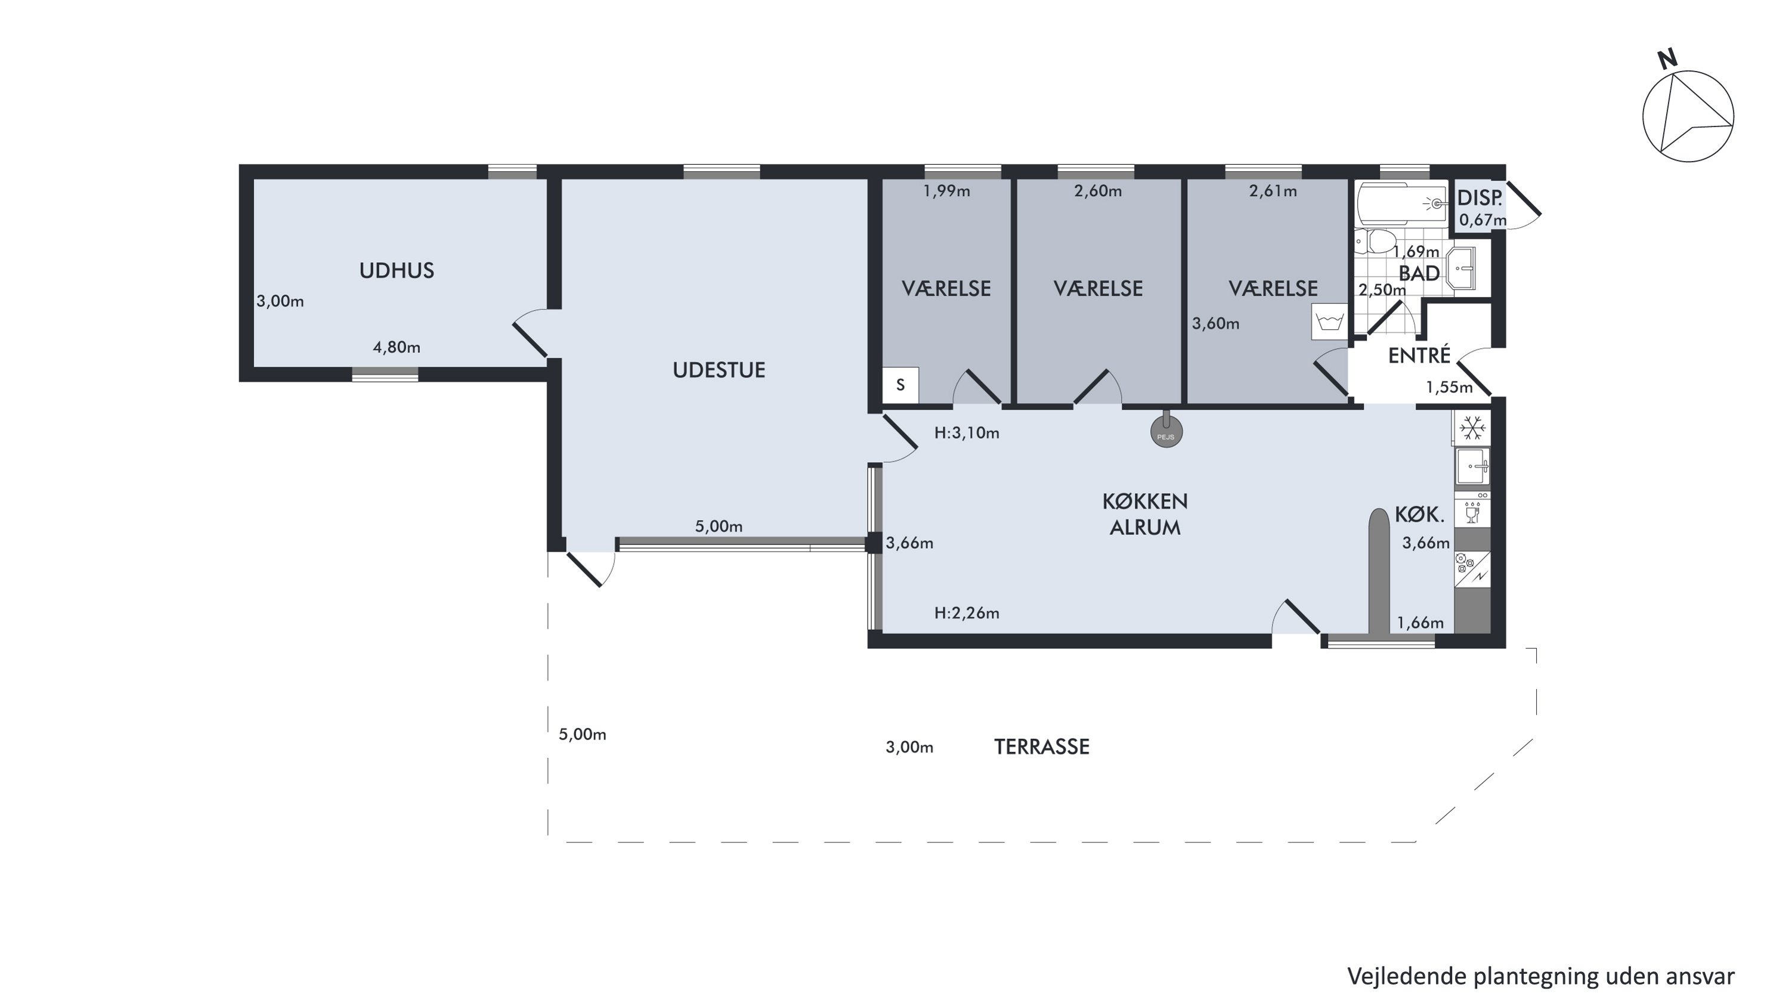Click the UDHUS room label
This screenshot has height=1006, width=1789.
click(x=397, y=270)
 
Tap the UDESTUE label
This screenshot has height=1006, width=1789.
click(x=719, y=369)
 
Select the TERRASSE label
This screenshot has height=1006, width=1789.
click(x=1042, y=747)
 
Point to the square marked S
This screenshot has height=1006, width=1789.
click(x=900, y=385)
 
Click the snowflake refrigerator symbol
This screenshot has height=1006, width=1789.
click(x=1472, y=428)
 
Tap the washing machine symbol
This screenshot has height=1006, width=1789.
click(x=1329, y=321)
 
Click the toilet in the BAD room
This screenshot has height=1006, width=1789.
click(x=1376, y=241)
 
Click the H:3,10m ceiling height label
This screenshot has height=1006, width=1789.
click(x=967, y=433)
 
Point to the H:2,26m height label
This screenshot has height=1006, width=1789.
click(x=967, y=613)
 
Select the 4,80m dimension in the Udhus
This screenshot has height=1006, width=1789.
click(x=397, y=347)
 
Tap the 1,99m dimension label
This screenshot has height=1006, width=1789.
click(x=946, y=191)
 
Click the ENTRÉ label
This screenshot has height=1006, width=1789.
click(x=1419, y=355)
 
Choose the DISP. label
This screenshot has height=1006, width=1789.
click(x=1480, y=198)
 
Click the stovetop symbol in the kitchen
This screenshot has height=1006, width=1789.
click(x=1472, y=567)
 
